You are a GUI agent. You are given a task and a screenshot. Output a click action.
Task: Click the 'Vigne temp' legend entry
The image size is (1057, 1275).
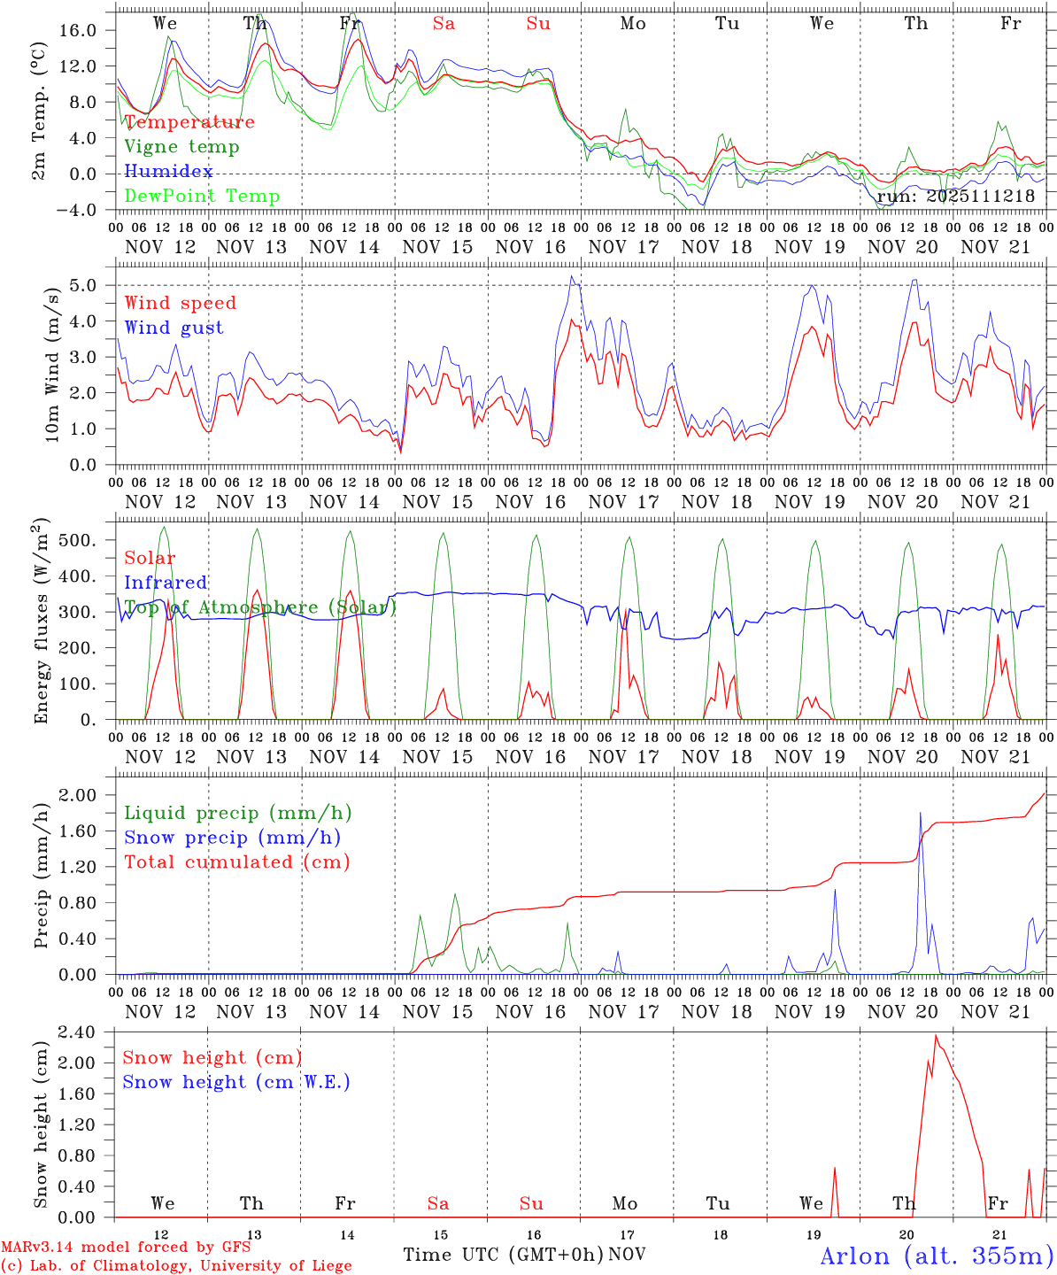(x=181, y=147)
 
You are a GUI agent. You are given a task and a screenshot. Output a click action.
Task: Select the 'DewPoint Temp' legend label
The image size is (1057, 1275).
(x=202, y=197)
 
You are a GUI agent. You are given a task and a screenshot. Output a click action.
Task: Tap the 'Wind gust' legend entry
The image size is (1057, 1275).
(x=174, y=328)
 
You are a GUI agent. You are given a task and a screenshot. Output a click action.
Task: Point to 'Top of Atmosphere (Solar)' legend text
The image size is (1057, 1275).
(x=260, y=607)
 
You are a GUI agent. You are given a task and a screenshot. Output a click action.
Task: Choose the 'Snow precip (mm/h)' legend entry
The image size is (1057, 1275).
(x=232, y=838)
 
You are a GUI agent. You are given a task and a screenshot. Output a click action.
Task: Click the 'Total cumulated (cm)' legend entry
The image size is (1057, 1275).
(x=237, y=862)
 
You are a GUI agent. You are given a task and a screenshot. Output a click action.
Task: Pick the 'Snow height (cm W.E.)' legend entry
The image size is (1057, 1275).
(x=236, y=1082)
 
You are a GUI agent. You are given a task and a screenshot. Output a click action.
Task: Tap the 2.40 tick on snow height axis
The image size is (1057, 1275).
(x=77, y=1032)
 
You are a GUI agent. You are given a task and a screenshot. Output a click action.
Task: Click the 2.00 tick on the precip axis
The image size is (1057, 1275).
(x=77, y=795)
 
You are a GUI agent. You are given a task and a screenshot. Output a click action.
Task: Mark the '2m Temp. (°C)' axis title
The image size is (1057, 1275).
(x=40, y=111)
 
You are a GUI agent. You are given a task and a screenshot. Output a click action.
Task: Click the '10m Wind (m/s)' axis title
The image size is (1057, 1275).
(x=52, y=364)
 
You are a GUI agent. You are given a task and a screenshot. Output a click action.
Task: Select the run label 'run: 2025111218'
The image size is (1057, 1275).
(x=955, y=196)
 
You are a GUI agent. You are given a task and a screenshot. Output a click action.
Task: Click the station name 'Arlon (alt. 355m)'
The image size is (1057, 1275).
(x=937, y=1256)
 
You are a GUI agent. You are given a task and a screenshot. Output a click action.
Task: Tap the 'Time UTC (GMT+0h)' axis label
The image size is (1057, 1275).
(x=503, y=1255)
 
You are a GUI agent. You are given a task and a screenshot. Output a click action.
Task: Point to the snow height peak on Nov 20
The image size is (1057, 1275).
(x=936, y=1035)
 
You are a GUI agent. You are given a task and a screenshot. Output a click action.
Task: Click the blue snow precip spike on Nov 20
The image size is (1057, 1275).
(x=921, y=813)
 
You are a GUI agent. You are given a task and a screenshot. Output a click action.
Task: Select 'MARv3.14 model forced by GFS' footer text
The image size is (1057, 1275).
(x=126, y=1248)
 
